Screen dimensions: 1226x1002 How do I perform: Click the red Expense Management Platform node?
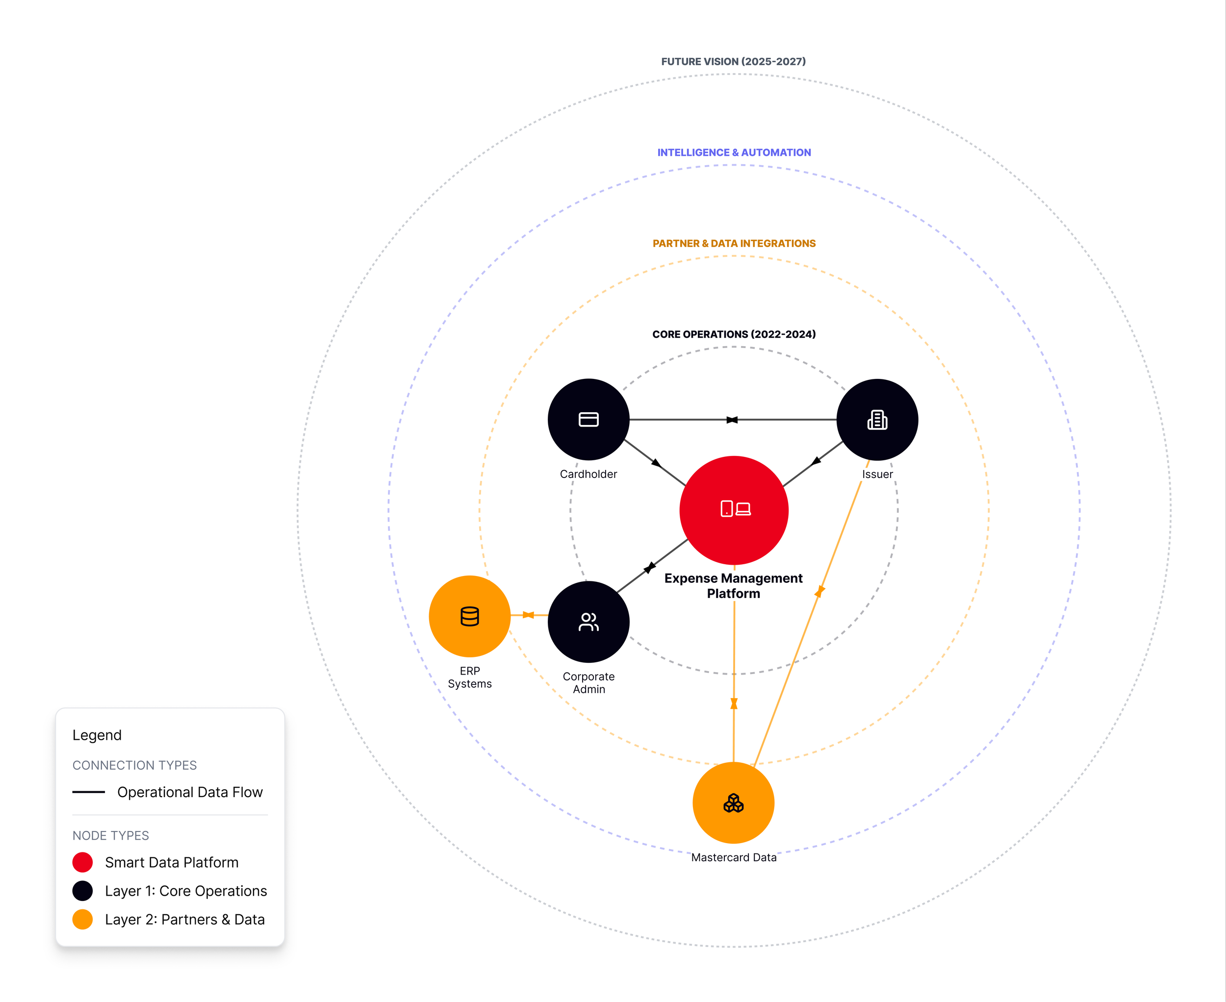734,510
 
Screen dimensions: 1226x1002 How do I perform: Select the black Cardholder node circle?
588,420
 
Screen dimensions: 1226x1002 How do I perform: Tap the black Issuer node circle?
877,420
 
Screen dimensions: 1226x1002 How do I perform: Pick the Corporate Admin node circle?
588,622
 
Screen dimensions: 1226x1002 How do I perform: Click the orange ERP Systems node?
469,616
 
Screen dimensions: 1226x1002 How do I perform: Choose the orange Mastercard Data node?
734,802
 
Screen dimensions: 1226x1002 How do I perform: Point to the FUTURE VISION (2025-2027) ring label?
734,61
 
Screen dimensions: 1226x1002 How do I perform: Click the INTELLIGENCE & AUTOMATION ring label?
734,152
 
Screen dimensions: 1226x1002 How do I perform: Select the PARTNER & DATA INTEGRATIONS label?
734,244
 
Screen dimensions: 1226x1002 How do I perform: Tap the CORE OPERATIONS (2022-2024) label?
734,334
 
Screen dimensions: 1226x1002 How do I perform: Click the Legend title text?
97,735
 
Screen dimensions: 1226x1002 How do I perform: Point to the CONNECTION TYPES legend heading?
134,765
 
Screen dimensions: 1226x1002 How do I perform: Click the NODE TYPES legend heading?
110,836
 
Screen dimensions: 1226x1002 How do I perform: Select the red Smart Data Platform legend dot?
82,862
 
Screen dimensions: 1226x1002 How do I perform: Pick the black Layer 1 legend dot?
82,891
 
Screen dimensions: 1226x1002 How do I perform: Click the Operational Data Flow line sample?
88,792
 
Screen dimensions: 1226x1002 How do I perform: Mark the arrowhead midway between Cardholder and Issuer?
732,420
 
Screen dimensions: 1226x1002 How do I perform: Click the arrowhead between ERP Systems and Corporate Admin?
528,615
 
